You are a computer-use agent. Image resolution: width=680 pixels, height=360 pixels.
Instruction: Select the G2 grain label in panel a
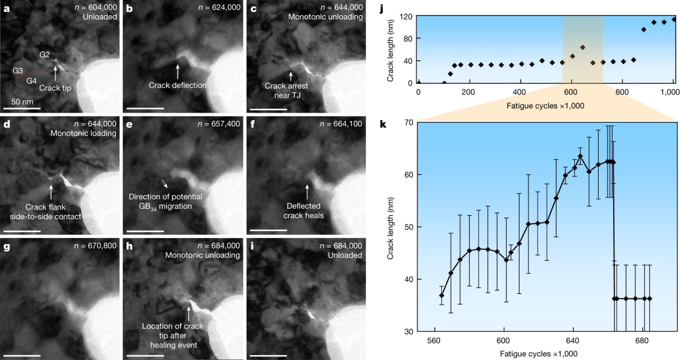point(45,55)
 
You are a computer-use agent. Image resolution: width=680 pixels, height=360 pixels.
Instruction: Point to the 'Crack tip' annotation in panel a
point(55,88)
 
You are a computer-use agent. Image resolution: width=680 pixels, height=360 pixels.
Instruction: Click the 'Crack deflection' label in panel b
point(178,85)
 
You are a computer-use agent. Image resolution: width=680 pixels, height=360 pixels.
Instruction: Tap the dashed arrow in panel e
point(165,184)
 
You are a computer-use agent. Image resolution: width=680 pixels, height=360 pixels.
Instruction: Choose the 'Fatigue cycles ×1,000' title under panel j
point(545,105)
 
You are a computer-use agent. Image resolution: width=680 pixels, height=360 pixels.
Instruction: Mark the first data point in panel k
point(442,295)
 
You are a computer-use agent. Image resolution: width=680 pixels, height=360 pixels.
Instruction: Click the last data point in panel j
point(674,19)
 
